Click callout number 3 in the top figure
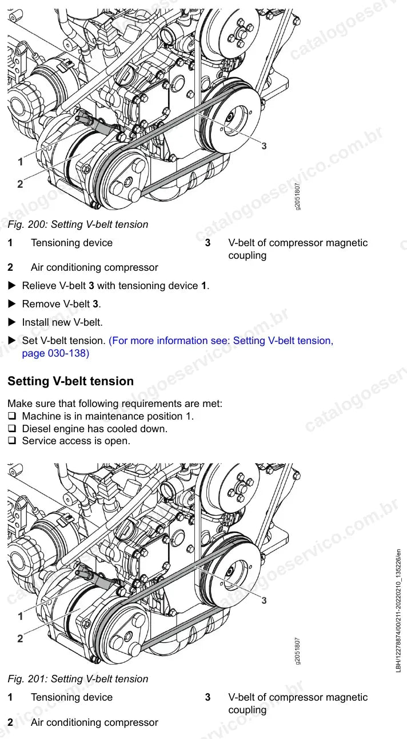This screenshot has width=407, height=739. click(x=264, y=146)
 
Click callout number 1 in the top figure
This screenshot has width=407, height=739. click(x=21, y=161)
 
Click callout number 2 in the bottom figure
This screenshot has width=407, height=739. click(x=20, y=638)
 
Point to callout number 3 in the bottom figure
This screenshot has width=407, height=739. click(x=264, y=600)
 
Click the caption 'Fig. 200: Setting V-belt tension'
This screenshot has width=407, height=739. click(x=78, y=224)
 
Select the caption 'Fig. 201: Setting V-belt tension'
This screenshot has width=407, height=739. click(x=78, y=679)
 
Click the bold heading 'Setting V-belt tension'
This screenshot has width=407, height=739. click(x=70, y=381)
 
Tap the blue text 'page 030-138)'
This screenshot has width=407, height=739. click(x=55, y=353)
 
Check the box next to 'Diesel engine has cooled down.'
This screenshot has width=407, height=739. click(x=12, y=429)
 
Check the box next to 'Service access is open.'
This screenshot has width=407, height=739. click(x=12, y=441)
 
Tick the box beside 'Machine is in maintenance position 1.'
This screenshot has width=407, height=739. click(x=12, y=416)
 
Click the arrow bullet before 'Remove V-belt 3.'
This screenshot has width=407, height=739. click(x=12, y=304)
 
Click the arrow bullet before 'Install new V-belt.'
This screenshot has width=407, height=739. click(x=12, y=322)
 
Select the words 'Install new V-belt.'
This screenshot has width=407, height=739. click(x=62, y=322)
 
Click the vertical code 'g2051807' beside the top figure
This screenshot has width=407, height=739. click(x=297, y=196)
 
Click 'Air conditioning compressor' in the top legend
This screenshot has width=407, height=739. click(x=94, y=267)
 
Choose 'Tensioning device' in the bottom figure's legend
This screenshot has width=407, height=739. click(x=71, y=697)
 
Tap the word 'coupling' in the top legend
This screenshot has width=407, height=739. click(x=247, y=255)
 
